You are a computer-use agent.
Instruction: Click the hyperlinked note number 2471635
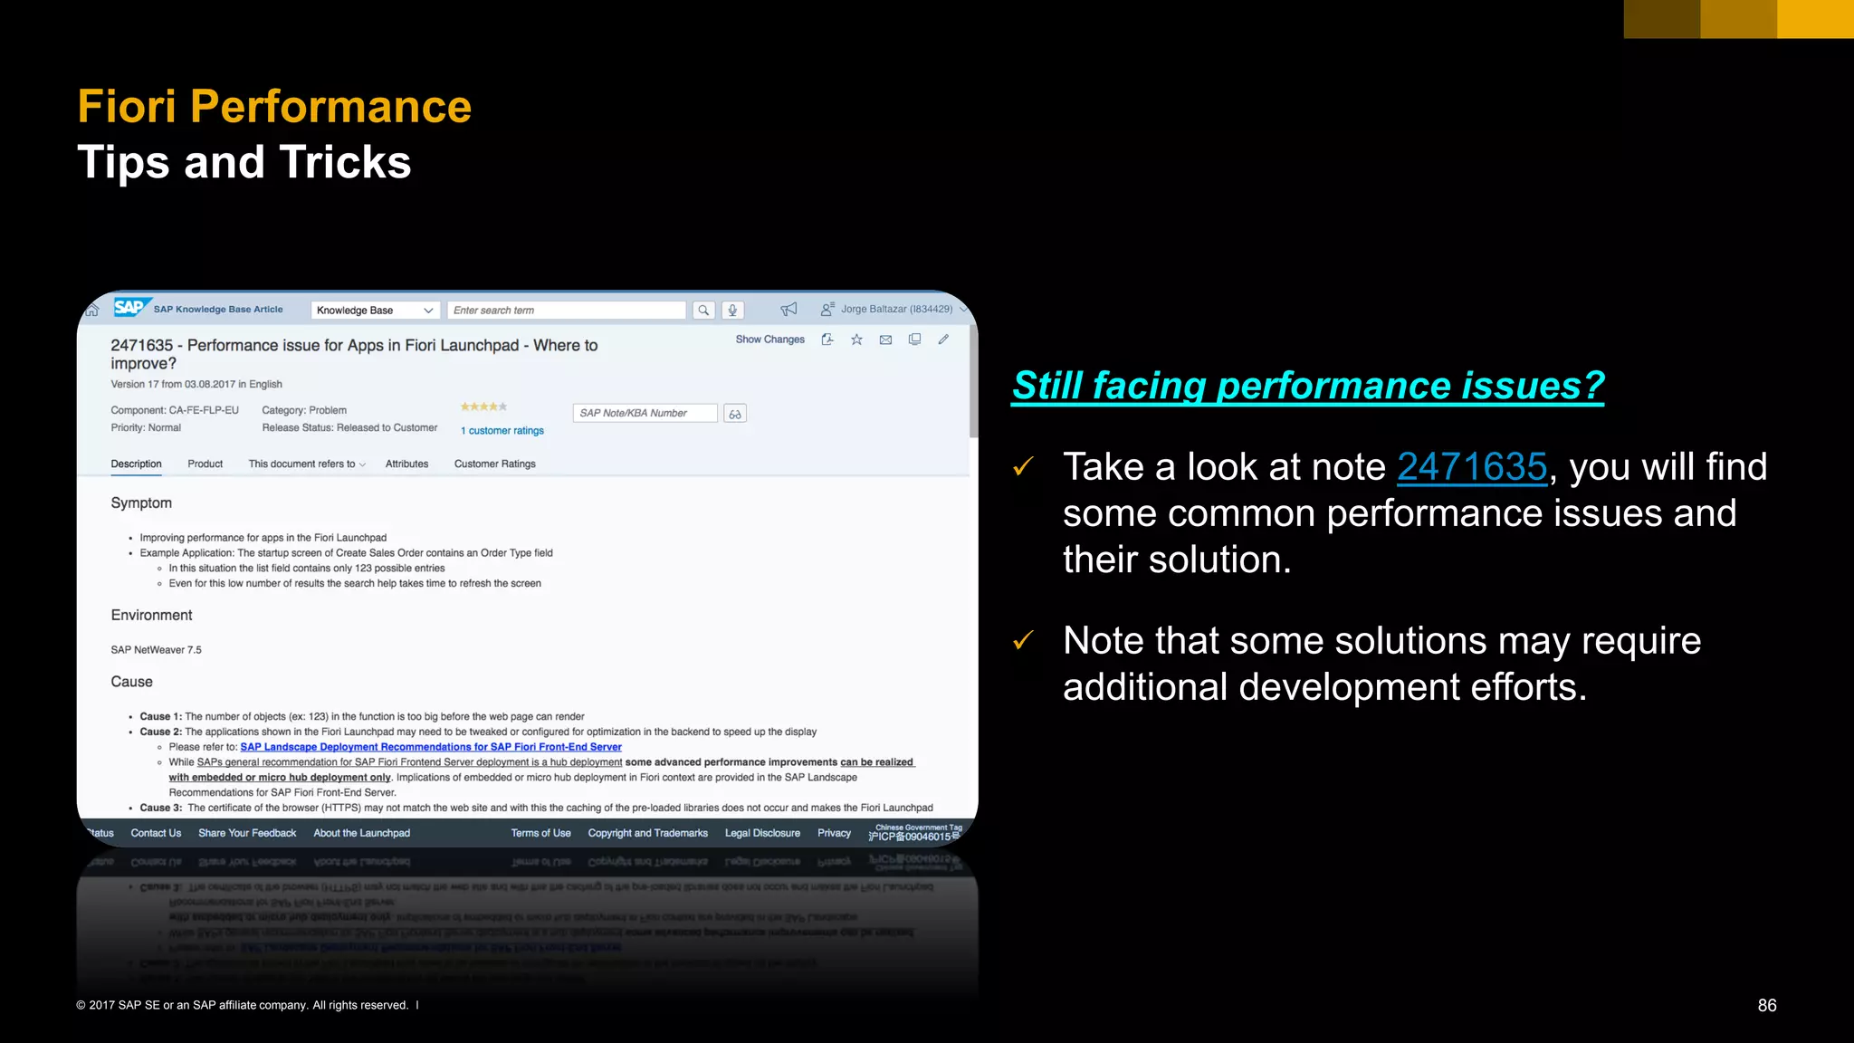[x=1472, y=467]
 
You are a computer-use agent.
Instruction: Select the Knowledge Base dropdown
[x=375, y=311]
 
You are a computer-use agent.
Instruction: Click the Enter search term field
[x=566, y=311]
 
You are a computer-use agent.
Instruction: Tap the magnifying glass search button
[x=703, y=311]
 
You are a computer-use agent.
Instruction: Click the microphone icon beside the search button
[x=732, y=311]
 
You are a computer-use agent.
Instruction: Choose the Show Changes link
[x=769, y=340]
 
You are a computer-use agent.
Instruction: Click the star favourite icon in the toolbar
[x=856, y=340]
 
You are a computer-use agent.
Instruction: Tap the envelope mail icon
[x=885, y=340]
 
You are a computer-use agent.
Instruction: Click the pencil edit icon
[x=943, y=340]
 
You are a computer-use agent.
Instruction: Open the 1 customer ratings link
[x=502, y=431]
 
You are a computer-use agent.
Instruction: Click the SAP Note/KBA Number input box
[x=645, y=413]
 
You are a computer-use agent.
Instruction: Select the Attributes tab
[x=406, y=464]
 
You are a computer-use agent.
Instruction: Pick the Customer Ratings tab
[x=494, y=464]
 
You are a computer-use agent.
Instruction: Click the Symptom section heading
[x=141, y=503]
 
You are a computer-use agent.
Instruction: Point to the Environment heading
[x=151, y=616]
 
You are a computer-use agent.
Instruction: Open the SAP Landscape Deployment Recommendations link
[x=431, y=747]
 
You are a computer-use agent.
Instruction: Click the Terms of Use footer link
[x=540, y=833]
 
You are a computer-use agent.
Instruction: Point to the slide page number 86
[x=1767, y=1005]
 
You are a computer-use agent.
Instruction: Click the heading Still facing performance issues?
[x=1307, y=386]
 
